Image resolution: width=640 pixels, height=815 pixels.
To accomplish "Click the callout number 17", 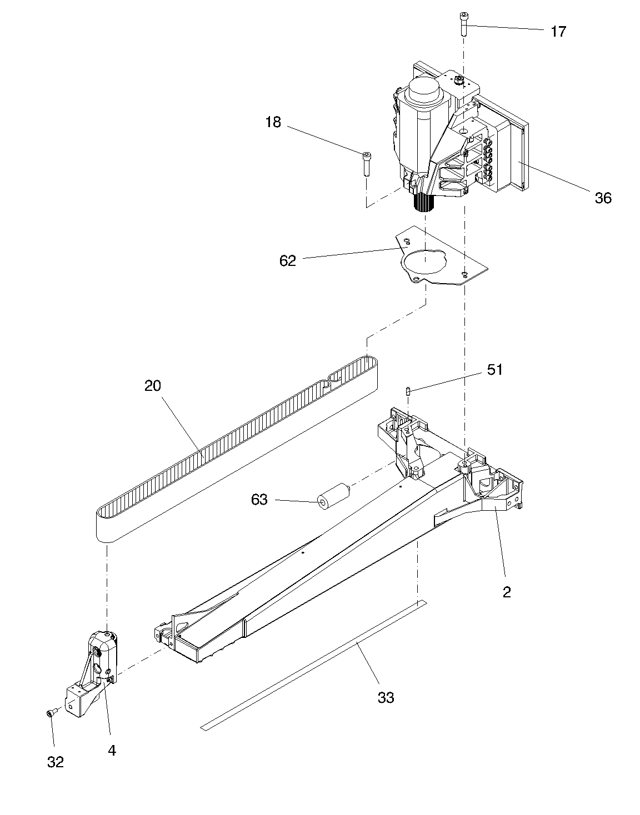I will pyautogui.click(x=558, y=32).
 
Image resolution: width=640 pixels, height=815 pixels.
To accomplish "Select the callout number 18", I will pyautogui.click(x=273, y=122).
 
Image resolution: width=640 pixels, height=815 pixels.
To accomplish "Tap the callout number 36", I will pyautogui.click(x=603, y=198).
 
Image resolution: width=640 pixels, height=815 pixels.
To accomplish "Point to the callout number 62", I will pyautogui.click(x=288, y=260).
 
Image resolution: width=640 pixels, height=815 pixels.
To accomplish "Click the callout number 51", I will pyautogui.click(x=494, y=370).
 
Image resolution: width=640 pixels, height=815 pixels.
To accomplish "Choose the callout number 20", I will pyautogui.click(x=152, y=385).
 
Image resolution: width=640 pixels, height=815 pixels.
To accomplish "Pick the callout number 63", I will pyautogui.click(x=259, y=500).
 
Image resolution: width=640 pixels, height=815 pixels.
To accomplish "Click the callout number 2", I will pyautogui.click(x=506, y=592).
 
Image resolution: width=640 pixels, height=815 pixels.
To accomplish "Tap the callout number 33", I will pyautogui.click(x=386, y=697).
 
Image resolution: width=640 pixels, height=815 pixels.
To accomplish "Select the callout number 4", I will pyautogui.click(x=112, y=751).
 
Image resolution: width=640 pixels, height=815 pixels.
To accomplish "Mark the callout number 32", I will pyautogui.click(x=55, y=762).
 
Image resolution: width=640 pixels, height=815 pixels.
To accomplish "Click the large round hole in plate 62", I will pyautogui.click(x=423, y=263).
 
